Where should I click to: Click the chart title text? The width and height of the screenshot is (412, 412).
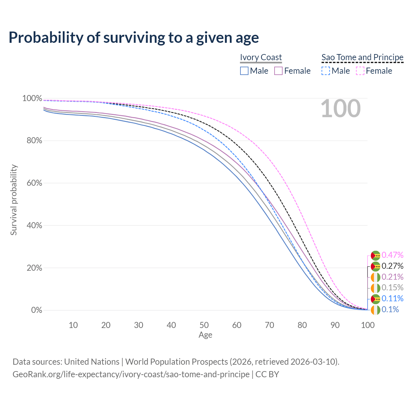coord(134,38)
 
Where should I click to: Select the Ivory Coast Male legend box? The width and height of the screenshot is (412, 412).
coord(244,71)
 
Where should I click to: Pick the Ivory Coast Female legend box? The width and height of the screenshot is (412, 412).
coord(278,71)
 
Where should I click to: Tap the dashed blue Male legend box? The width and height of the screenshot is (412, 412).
coord(326,71)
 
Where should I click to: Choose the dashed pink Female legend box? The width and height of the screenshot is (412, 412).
coord(360,71)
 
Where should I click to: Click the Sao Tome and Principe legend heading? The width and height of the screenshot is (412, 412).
coord(362,57)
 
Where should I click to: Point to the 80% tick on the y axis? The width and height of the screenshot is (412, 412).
coord(32,141)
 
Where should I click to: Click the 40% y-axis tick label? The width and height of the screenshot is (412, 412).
coord(32,225)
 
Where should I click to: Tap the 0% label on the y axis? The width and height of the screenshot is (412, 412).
coord(36,310)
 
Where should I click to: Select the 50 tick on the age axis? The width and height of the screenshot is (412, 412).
coord(204,325)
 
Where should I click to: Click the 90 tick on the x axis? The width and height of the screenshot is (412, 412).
coord(335,325)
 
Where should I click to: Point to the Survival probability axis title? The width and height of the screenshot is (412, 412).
coord(14,200)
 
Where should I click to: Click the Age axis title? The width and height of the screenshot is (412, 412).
coord(205,335)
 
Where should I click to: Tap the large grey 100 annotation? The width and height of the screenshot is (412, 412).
coord(341,108)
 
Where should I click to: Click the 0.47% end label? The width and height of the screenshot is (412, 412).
coord(392,255)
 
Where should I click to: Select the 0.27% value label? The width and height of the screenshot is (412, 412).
coord(392,266)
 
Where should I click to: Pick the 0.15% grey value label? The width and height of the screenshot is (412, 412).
coord(392,288)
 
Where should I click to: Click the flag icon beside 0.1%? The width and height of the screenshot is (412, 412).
coord(375,310)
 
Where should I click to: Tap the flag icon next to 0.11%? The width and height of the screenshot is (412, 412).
coord(375,299)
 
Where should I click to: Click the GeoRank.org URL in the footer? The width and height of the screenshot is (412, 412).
coord(131,374)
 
